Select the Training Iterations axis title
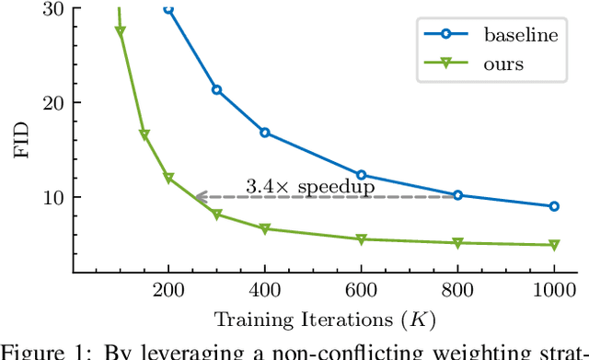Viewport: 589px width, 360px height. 325,320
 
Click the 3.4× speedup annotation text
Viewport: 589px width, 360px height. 309,186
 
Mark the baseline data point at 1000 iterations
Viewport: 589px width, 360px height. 553,206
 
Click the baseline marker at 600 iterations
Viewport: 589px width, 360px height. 361,175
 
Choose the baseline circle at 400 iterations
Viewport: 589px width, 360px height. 265,133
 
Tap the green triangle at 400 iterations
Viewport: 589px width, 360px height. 265,229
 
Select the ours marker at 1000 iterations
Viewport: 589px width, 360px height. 553,246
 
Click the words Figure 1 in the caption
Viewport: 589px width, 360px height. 36,352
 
